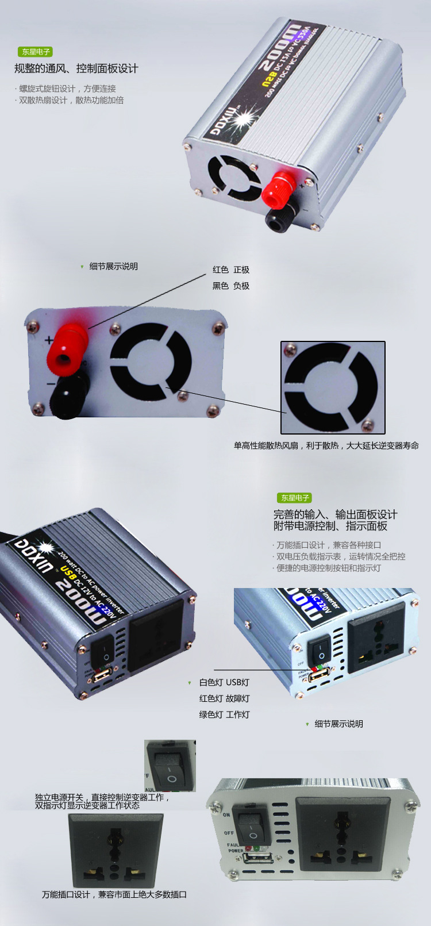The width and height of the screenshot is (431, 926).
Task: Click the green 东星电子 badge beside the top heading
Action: pos(36,52)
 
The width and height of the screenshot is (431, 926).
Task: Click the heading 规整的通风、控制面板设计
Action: pos(76,69)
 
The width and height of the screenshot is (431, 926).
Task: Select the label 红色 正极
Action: pos(231,270)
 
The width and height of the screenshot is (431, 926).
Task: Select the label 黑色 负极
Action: pos(231,286)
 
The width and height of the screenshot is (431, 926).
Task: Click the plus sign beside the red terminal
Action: pos(49,340)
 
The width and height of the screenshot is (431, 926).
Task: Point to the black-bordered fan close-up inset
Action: pos(333,387)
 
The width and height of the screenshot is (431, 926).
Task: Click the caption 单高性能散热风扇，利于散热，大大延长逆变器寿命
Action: pos(326,445)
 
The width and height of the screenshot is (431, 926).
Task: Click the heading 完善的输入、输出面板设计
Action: pos(335,514)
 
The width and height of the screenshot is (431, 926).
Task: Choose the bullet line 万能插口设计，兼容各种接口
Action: pos(329,545)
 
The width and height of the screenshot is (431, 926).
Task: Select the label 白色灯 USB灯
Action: pos(224,682)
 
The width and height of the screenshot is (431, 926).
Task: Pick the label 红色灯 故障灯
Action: pos(224,698)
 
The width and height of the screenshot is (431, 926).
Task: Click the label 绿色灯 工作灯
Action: pos(224,714)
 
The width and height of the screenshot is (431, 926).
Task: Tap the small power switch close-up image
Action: pos(170,765)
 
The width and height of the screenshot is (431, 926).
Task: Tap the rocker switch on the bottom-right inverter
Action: pos(253,827)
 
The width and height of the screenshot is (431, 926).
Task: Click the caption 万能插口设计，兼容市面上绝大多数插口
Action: pos(114,894)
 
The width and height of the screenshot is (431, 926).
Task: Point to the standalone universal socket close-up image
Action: pos(116,850)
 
